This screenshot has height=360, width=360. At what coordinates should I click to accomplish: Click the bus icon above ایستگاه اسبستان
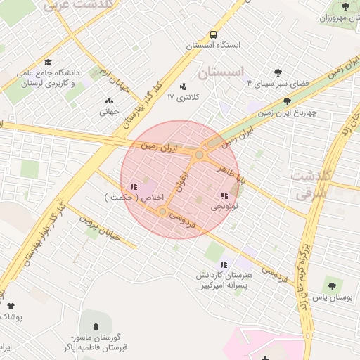pyautogui.click(x=213, y=34)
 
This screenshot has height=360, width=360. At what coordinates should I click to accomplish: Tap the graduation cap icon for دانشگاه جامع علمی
pyautogui.click(x=48, y=62)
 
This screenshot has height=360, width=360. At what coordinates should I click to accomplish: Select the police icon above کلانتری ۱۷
pyautogui.click(x=183, y=86)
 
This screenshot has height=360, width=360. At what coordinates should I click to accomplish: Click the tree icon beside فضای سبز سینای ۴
pyautogui.click(x=278, y=72)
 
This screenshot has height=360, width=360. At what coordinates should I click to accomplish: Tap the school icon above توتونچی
pyautogui.click(x=224, y=195)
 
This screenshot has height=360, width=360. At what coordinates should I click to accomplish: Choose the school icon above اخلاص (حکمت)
pyautogui.click(x=133, y=186)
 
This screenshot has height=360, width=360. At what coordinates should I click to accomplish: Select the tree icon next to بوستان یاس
pyautogui.click(x=331, y=286)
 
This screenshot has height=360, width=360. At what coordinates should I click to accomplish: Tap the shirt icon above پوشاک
pyautogui.click(x=10, y=305)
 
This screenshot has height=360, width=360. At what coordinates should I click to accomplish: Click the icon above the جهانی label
pyautogui.click(x=108, y=100)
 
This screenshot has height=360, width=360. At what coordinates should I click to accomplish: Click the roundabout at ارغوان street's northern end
pyautogui.click(x=200, y=154)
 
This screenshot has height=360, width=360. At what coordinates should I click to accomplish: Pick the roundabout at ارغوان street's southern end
pyautogui.click(x=162, y=211)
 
